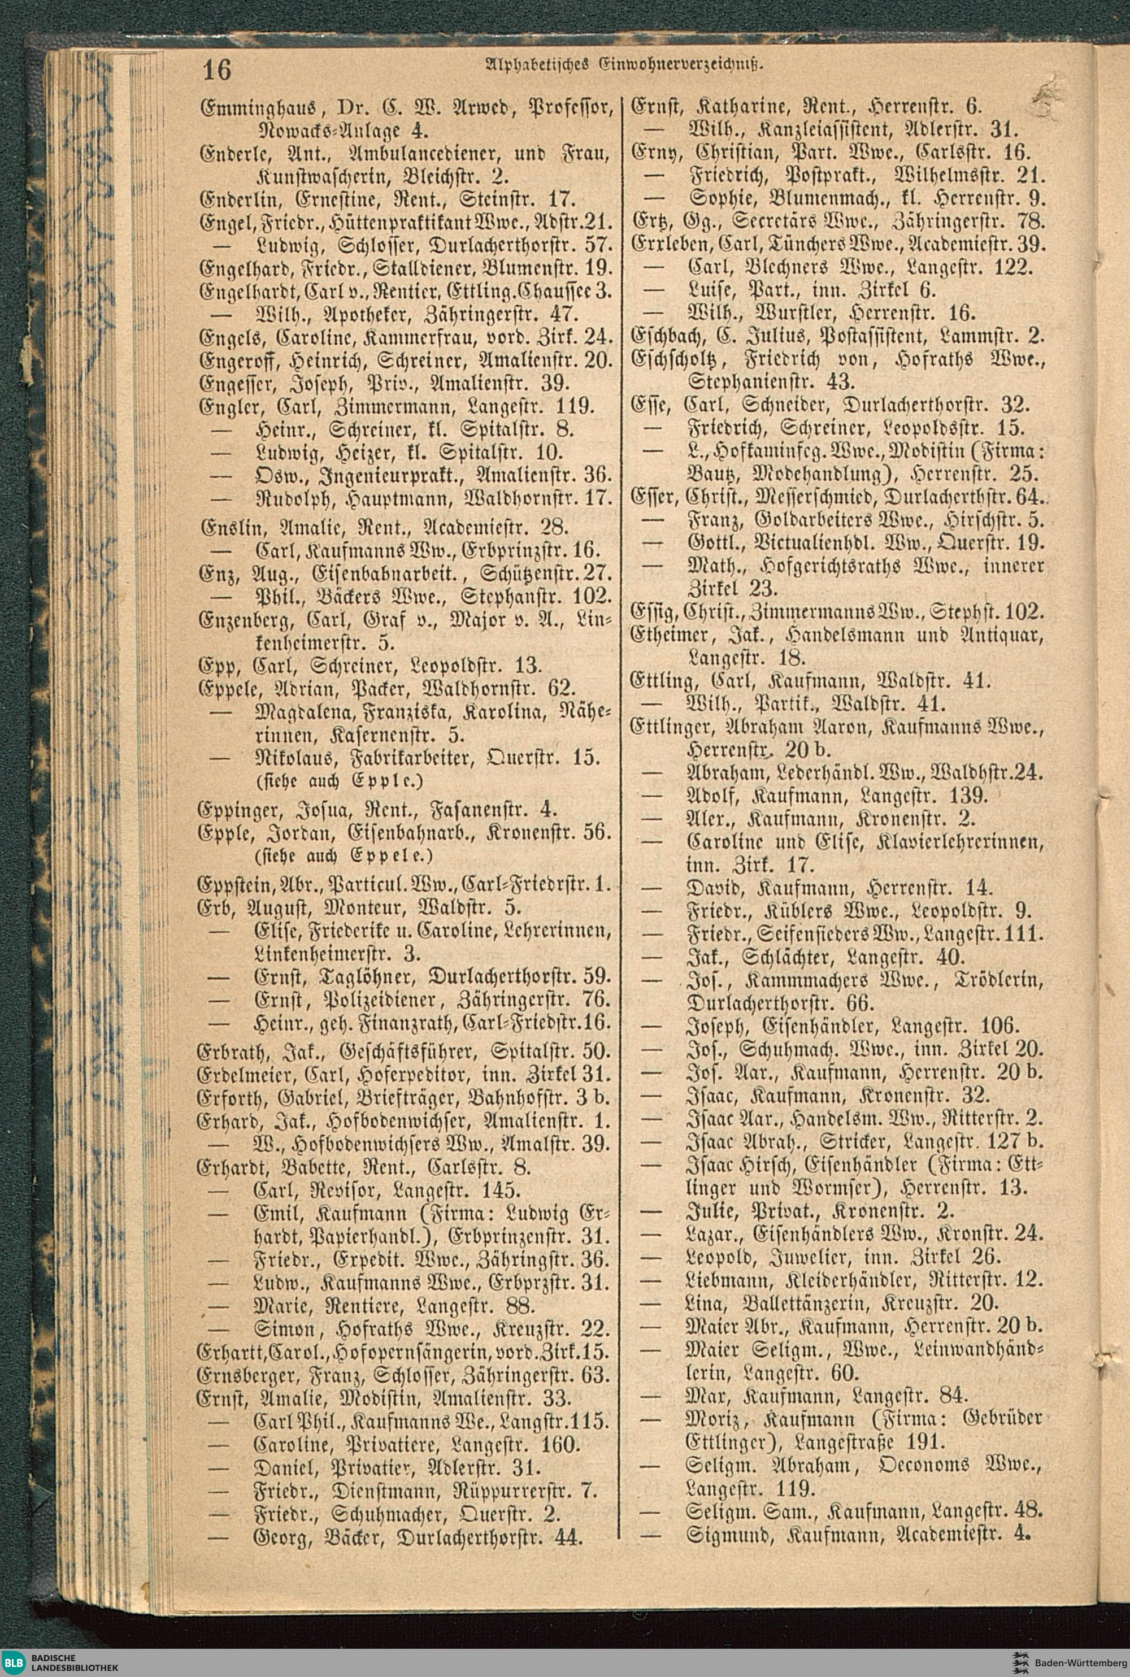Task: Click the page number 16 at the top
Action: point(216,70)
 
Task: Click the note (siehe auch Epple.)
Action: point(338,780)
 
